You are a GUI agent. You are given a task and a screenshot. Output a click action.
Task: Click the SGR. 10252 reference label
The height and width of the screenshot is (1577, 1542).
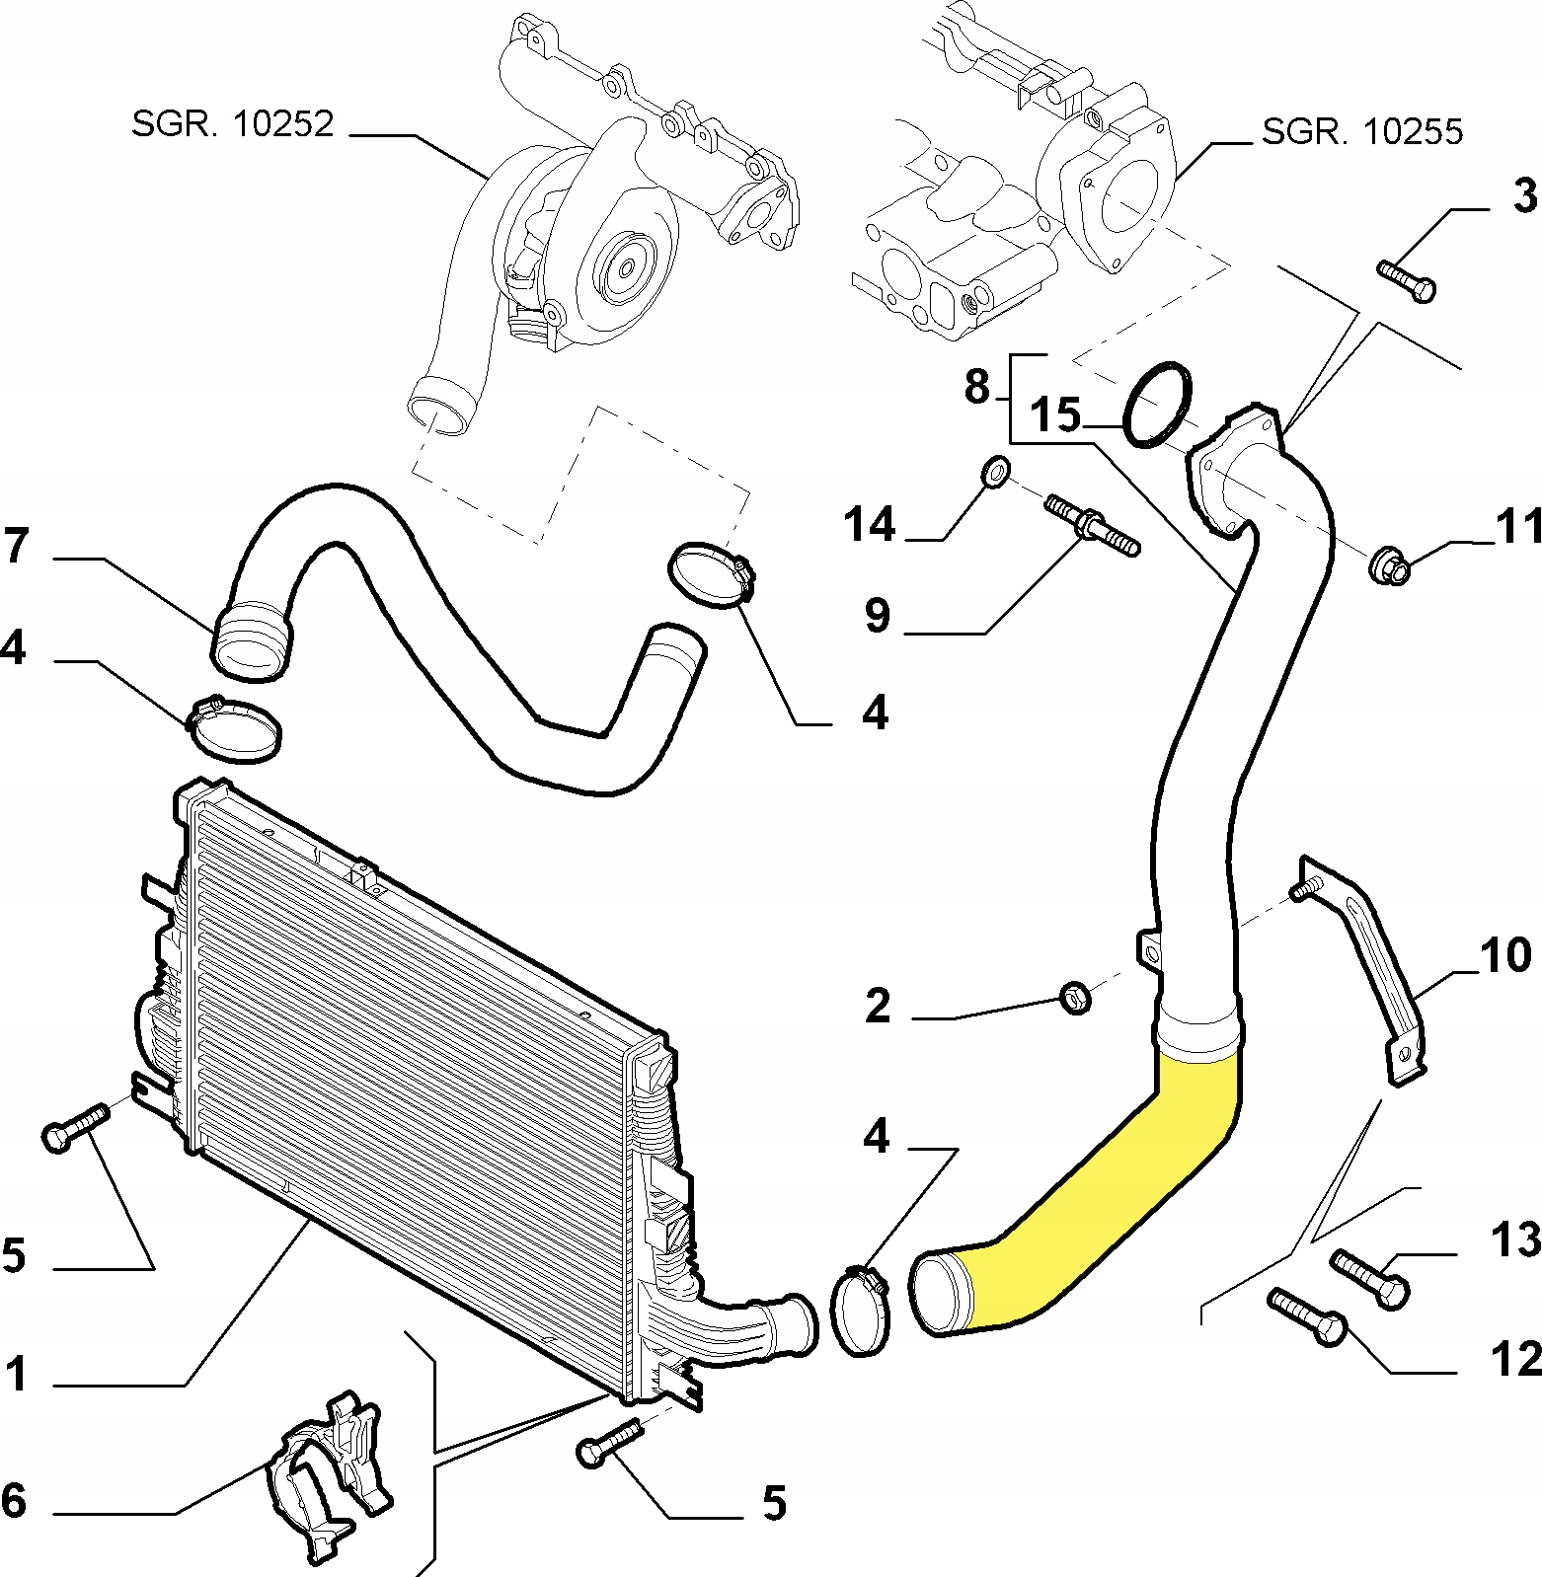[233, 123]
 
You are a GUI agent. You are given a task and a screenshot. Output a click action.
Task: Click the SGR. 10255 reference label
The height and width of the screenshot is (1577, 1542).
[1361, 130]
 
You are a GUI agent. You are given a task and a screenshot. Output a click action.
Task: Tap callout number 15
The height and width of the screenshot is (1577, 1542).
[1056, 415]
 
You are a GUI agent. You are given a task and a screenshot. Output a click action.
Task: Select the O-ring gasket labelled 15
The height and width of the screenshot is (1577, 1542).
[1158, 405]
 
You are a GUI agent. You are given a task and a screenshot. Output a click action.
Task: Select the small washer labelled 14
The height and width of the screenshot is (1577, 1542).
[996, 472]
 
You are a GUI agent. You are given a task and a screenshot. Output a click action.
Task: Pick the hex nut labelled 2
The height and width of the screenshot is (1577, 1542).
[1075, 998]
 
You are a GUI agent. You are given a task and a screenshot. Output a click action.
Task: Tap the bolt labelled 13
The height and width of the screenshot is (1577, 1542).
[1369, 1278]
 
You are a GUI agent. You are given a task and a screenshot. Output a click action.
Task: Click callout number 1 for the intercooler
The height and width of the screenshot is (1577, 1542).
[16, 1374]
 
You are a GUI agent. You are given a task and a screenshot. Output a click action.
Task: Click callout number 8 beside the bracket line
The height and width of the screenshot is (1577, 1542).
[976, 387]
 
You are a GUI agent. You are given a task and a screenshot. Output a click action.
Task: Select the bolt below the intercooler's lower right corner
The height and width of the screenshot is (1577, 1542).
[607, 1442]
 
